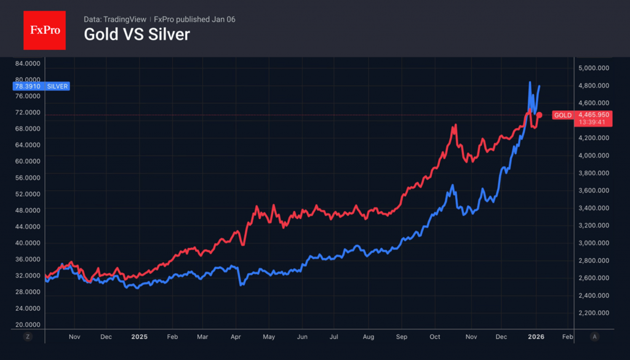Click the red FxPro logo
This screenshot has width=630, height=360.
[x=44, y=30]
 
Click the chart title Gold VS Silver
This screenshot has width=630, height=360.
[x=137, y=34]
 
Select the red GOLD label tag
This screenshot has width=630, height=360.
[x=562, y=115]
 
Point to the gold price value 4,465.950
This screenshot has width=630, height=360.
[x=594, y=114]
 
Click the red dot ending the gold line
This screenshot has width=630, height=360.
[x=540, y=115]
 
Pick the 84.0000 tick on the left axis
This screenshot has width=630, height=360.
[x=27, y=63]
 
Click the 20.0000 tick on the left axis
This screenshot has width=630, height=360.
[x=27, y=324]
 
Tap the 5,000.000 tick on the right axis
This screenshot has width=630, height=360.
[x=594, y=68]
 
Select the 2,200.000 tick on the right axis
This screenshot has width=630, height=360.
[x=594, y=313]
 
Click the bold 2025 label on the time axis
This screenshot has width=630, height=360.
[x=140, y=337]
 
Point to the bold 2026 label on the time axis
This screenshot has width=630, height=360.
[x=536, y=337]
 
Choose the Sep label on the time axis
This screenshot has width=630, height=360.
[x=401, y=337]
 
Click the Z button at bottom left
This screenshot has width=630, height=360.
[x=28, y=337]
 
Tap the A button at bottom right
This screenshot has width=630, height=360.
[x=594, y=337]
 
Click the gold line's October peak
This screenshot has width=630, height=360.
[x=455, y=126]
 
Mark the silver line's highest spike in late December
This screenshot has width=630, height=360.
[x=530, y=82]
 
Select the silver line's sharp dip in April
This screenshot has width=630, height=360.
[x=241, y=285]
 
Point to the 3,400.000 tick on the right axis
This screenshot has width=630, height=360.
[x=594, y=208]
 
